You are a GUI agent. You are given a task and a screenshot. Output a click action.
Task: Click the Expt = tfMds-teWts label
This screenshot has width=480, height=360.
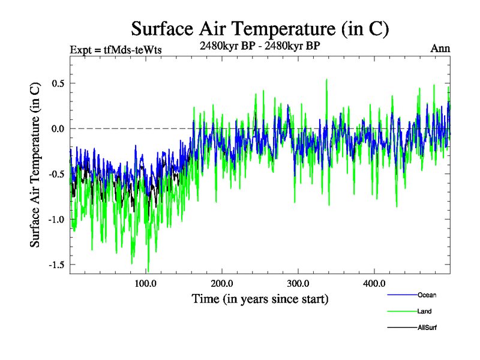(116, 49)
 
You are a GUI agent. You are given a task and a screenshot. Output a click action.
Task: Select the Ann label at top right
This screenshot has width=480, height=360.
(440, 48)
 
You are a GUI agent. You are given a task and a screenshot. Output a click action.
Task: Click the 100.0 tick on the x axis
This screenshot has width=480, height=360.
(146, 283)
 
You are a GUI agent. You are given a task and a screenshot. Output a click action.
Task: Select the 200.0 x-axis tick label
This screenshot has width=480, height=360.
(222, 283)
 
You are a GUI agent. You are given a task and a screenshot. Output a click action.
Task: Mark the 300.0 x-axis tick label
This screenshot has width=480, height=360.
(298, 283)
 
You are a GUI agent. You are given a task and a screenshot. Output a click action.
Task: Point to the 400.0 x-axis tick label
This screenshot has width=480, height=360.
(374, 283)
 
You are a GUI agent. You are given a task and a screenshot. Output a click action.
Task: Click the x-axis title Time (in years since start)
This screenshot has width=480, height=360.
(260, 298)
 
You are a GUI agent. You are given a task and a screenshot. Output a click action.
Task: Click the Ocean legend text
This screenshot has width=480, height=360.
(427, 295)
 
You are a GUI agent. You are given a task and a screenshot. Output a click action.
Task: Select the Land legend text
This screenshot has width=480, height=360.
(424, 311)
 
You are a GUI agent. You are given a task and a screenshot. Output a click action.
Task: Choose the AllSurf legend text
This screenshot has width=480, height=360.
(428, 328)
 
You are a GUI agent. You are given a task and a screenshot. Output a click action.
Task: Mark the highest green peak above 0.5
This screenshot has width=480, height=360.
(326, 79)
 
